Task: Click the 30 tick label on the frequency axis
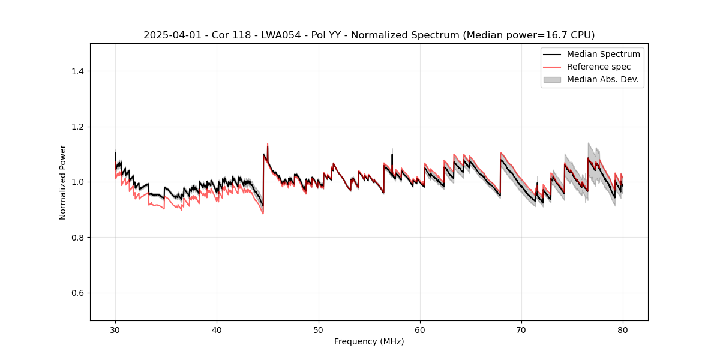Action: (115, 330)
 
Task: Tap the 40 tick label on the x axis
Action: (217, 330)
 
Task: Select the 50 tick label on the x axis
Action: (319, 330)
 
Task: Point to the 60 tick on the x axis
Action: (420, 330)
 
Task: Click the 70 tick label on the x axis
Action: (521, 330)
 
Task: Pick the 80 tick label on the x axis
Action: (623, 330)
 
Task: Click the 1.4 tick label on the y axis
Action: (77, 71)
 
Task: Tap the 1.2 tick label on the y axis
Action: (77, 127)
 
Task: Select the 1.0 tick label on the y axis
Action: (77, 182)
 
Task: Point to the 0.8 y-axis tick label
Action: (77, 238)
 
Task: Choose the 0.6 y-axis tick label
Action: (77, 293)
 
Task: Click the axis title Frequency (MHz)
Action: (369, 341)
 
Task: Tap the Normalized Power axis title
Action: (63, 182)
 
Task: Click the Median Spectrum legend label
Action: (603, 54)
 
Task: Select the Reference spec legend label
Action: (599, 67)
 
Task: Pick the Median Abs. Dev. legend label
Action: (603, 79)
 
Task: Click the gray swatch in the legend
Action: (552, 79)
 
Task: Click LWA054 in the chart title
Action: (266, 35)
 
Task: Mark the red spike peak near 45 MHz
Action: (268, 144)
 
